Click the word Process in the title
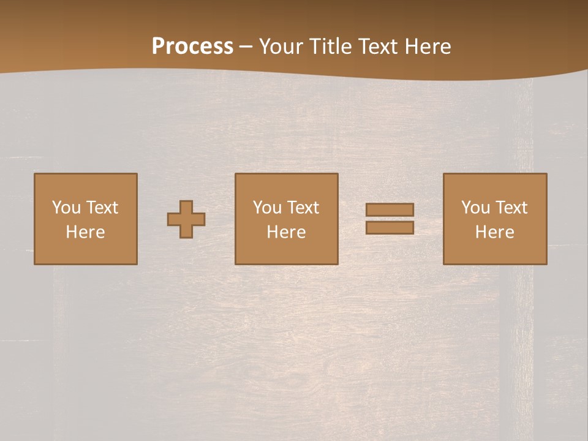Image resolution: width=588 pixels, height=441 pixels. click(x=192, y=47)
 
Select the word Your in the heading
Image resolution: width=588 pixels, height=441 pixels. click(x=281, y=47)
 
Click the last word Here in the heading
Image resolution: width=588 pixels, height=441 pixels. click(x=428, y=47)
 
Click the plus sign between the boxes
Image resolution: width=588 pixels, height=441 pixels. click(x=186, y=219)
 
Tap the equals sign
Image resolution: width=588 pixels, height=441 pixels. click(x=390, y=219)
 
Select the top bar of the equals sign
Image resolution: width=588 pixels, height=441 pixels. click(x=390, y=209)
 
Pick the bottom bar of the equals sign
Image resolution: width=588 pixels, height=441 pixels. click(x=390, y=227)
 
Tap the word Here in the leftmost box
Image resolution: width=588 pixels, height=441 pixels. click(x=85, y=232)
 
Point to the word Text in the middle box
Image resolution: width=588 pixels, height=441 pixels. click(x=303, y=208)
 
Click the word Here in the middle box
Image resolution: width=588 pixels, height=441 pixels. click(x=286, y=232)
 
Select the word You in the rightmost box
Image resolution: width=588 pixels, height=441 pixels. click(x=475, y=208)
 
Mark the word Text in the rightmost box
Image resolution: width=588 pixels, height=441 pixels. click(x=511, y=208)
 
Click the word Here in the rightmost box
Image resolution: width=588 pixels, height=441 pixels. click(x=494, y=232)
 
